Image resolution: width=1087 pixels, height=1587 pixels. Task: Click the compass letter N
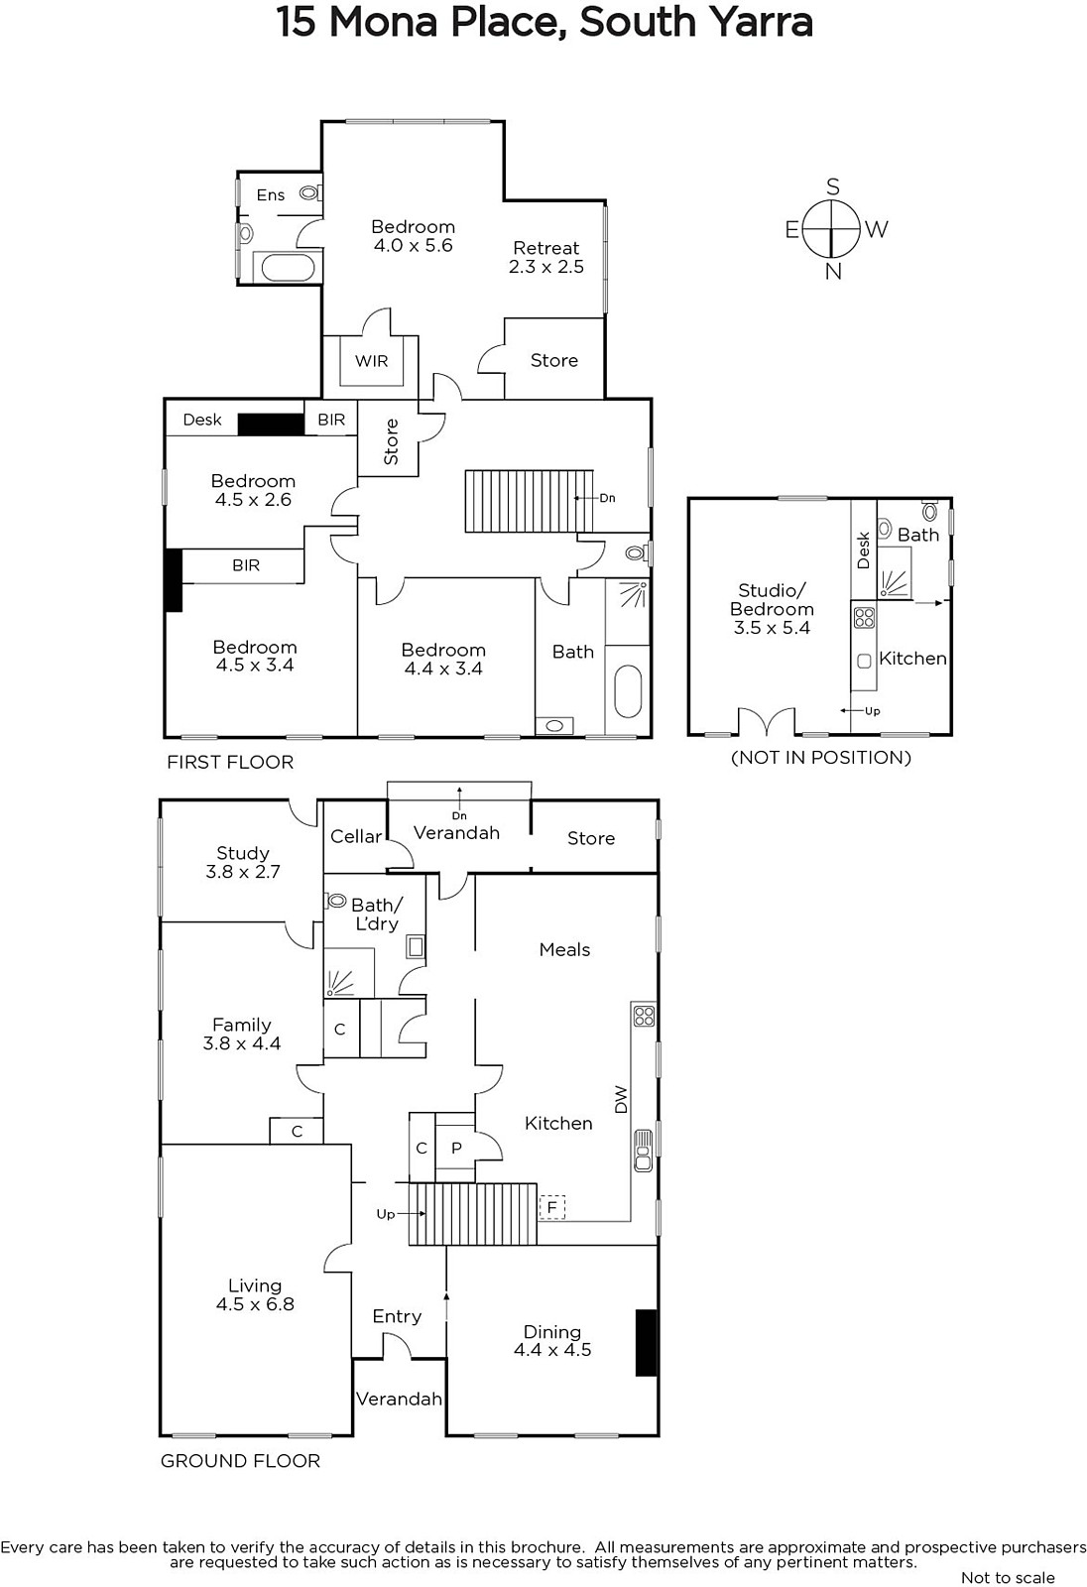tap(833, 272)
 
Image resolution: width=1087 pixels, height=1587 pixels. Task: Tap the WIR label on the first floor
tap(371, 361)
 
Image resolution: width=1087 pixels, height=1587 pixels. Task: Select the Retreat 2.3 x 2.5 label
tap(546, 257)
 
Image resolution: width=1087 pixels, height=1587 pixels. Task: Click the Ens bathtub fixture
tap(288, 267)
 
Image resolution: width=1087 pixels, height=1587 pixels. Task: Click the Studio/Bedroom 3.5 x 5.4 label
tap(772, 609)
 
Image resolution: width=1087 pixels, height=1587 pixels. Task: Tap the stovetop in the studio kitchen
tap(864, 616)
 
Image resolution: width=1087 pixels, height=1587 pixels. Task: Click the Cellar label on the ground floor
tap(356, 837)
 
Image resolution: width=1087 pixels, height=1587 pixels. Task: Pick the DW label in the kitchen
tap(621, 1099)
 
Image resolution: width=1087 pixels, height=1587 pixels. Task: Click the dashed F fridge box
tap(552, 1207)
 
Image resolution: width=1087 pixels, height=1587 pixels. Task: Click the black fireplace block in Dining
tap(646, 1343)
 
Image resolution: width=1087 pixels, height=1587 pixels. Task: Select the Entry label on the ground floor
tap(397, 1316)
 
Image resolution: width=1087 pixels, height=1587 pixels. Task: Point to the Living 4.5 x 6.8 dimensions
tap(255, 1304)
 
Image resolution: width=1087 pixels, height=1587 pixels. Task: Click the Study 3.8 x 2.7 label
tap(242, 862)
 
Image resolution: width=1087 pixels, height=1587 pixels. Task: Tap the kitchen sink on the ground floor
tap(643, 1150)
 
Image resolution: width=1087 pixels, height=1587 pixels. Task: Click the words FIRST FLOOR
tap(230, 763)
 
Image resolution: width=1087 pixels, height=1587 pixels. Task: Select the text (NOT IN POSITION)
tap(820, 758)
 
